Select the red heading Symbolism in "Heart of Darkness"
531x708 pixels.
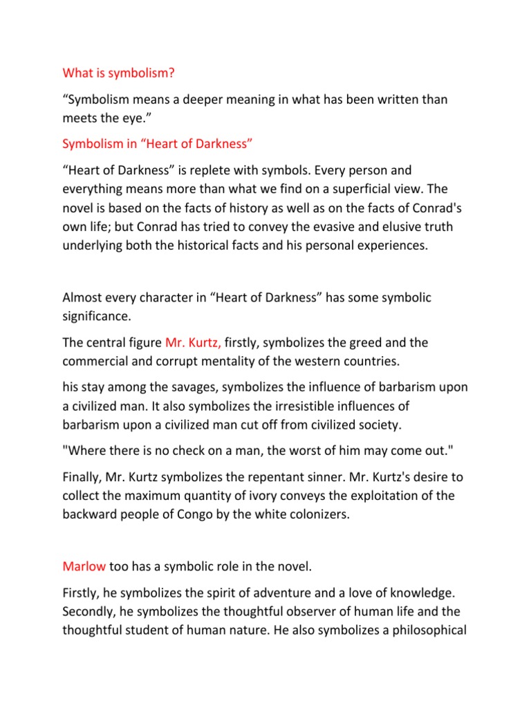coord(154,143)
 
